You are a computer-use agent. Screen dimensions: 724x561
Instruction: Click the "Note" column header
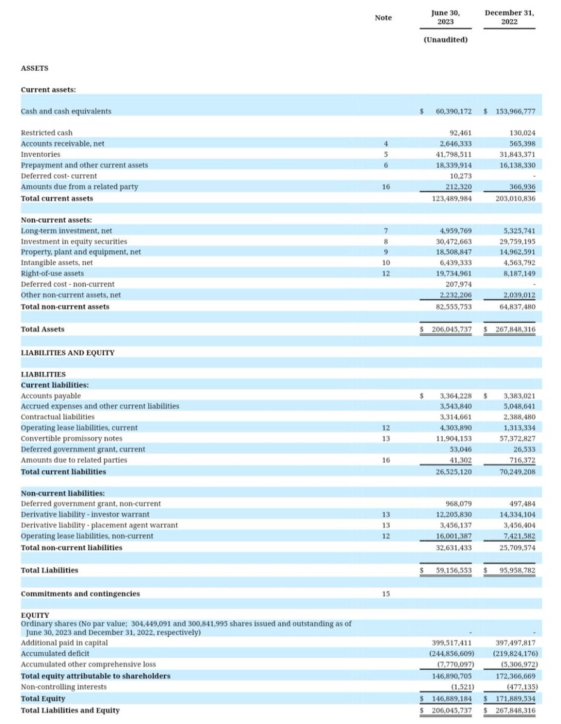[383, 17]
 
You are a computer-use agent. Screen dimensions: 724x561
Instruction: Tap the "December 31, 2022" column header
[509, 17]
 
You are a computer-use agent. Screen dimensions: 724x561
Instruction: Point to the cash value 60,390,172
[453, 111]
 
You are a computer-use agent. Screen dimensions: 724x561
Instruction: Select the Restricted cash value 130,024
[519, 133]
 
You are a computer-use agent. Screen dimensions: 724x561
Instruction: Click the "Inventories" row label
[40, 154]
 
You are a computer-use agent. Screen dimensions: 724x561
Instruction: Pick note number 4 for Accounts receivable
[386, 144]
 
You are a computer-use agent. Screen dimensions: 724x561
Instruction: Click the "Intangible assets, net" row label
[57, 263]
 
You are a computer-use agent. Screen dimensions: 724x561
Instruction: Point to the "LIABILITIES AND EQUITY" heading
[67, 352]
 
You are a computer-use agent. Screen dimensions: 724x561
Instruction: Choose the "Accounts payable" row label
[51, 396]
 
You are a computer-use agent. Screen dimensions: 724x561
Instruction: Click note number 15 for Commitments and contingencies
[386, 594]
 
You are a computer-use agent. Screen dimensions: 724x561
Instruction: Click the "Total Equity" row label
[43, 698]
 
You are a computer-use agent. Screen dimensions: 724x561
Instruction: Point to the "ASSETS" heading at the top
[34, 69]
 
